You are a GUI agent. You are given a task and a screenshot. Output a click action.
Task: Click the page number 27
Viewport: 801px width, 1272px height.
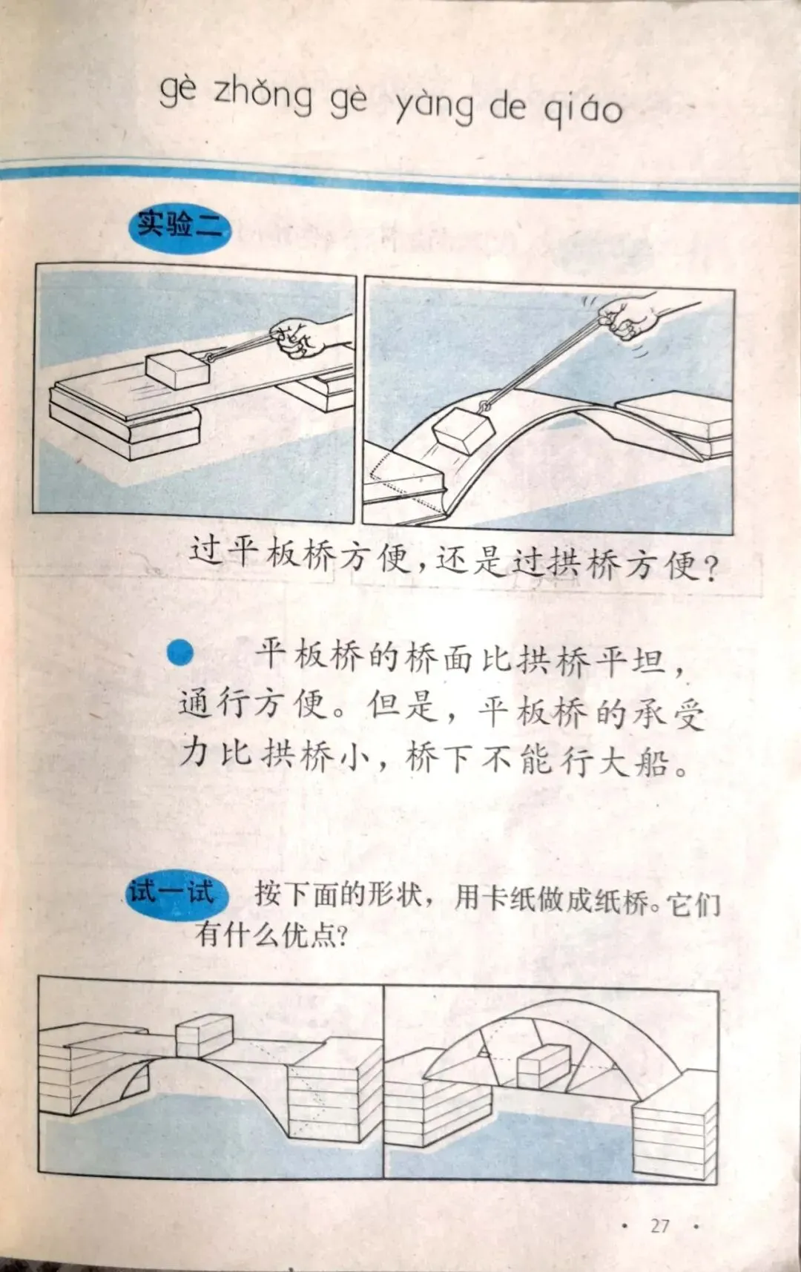pos(660,1225)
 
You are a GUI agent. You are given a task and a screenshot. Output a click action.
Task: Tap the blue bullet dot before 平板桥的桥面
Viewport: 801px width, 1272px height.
pos(180,653)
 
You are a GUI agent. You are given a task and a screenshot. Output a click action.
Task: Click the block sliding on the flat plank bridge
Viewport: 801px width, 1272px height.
pos(176,369)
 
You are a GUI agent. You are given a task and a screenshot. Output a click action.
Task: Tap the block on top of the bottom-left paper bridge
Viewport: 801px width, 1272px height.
pos(204,1035)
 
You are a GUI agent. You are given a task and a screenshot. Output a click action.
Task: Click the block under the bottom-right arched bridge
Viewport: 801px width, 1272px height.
pos(544,1067)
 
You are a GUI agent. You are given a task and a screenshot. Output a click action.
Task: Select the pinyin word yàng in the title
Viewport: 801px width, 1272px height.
pos(434,105)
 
